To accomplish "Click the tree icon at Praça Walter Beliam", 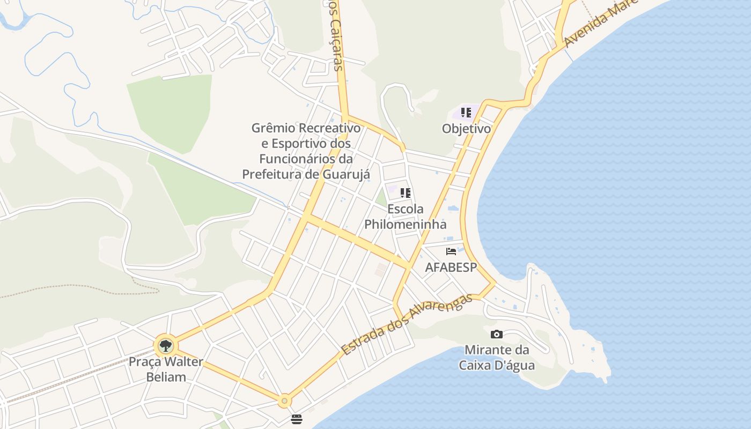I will [x=166, y=345].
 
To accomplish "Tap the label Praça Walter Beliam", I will [x=166, y=369].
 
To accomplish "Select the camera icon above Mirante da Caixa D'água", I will [x=497, y=334].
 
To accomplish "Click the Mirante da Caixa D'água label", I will [x=497, y=358].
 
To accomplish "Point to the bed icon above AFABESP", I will [x=451, y=251].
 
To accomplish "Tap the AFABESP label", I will [x=451, y=267].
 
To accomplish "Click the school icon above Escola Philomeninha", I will [x=406, y=193].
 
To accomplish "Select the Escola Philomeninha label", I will [x=406, y=216].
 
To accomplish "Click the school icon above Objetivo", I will [x=466, y=113].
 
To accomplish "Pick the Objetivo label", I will [x=466, y=129].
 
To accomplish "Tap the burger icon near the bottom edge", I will [x=297, y=419].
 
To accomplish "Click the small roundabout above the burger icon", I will [x=284, y=401].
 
